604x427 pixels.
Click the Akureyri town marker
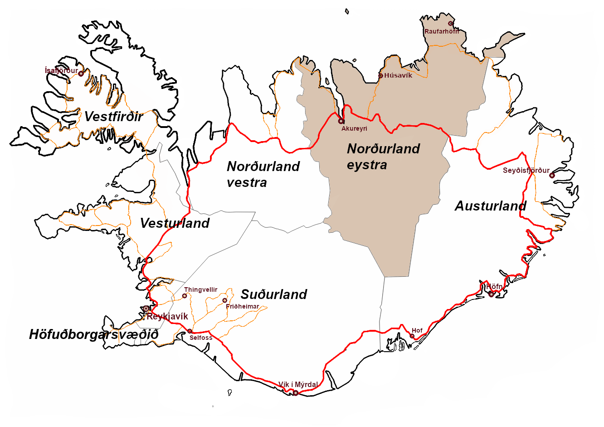click(x=341, y=121)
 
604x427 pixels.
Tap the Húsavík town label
click(x=398, y=75)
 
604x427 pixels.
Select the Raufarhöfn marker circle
click(x=451, y=24)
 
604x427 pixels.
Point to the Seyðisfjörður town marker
click(x=552, y=175)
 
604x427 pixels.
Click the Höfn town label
click(x=495, y=287)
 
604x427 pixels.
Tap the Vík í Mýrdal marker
click(x=296, y=393)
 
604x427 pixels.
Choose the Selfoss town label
click(x=201, y=338)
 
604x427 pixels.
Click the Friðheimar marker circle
click(x=224, y=300)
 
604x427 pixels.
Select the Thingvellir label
click(x=201, y=290)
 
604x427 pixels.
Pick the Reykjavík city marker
click(x=146, y=309)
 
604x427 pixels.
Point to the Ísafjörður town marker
click(x=81, y=74)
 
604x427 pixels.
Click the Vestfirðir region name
click(x=114, y=117)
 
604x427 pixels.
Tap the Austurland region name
click(x=490, y=206)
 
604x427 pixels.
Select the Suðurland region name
click(x=274, y=294)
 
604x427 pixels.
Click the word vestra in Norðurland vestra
click(x=247, y=182)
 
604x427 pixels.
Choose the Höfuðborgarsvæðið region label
click(x=94, y=334)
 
